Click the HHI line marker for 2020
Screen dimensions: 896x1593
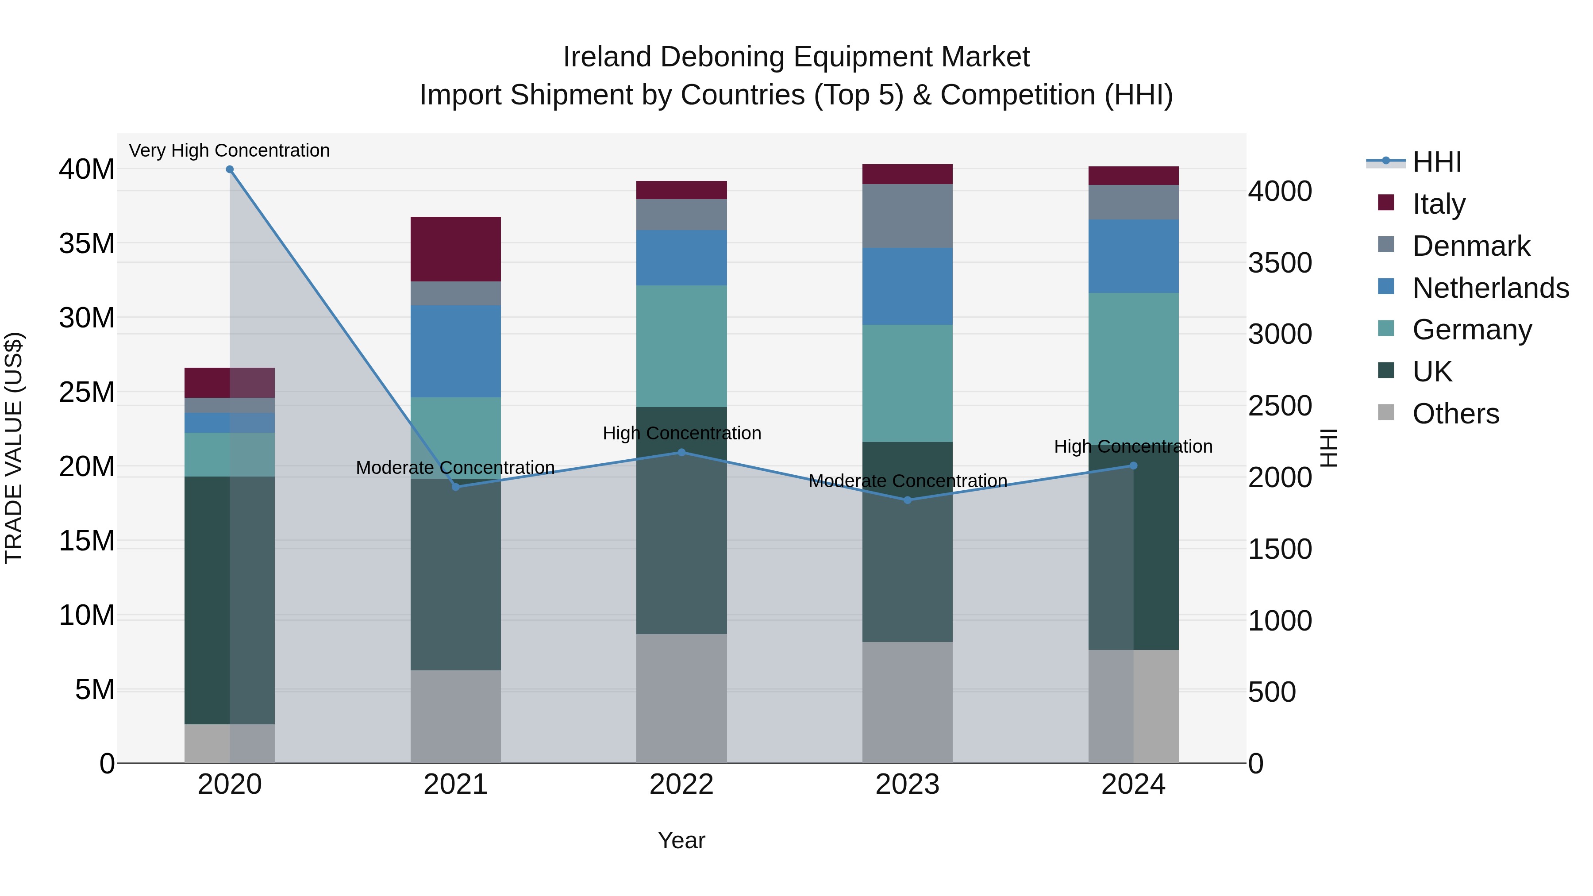pyautogui.click(x=229, y=169)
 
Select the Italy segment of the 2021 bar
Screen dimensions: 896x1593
pyautogui.click(x=455, y=249)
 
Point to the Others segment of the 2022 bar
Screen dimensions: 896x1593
pyautogui.click(x=681, y=698)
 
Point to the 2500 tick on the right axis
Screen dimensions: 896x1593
pyautogui.click(x=1279, y=406)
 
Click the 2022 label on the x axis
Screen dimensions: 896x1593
pyautogui.click(x=681, y=784)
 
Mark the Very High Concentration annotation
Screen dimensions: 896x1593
pyautogui.click(x=229, y=150)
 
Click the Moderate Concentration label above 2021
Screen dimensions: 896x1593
pyautogui.click(x=455, y=468)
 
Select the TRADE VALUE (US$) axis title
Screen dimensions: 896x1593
pyautogui.click(x=14, y=448)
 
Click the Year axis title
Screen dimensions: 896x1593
pyautogui.click(x=681, y=840)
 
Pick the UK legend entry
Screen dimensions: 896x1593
pyautogui.click(x=1431, y=372)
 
